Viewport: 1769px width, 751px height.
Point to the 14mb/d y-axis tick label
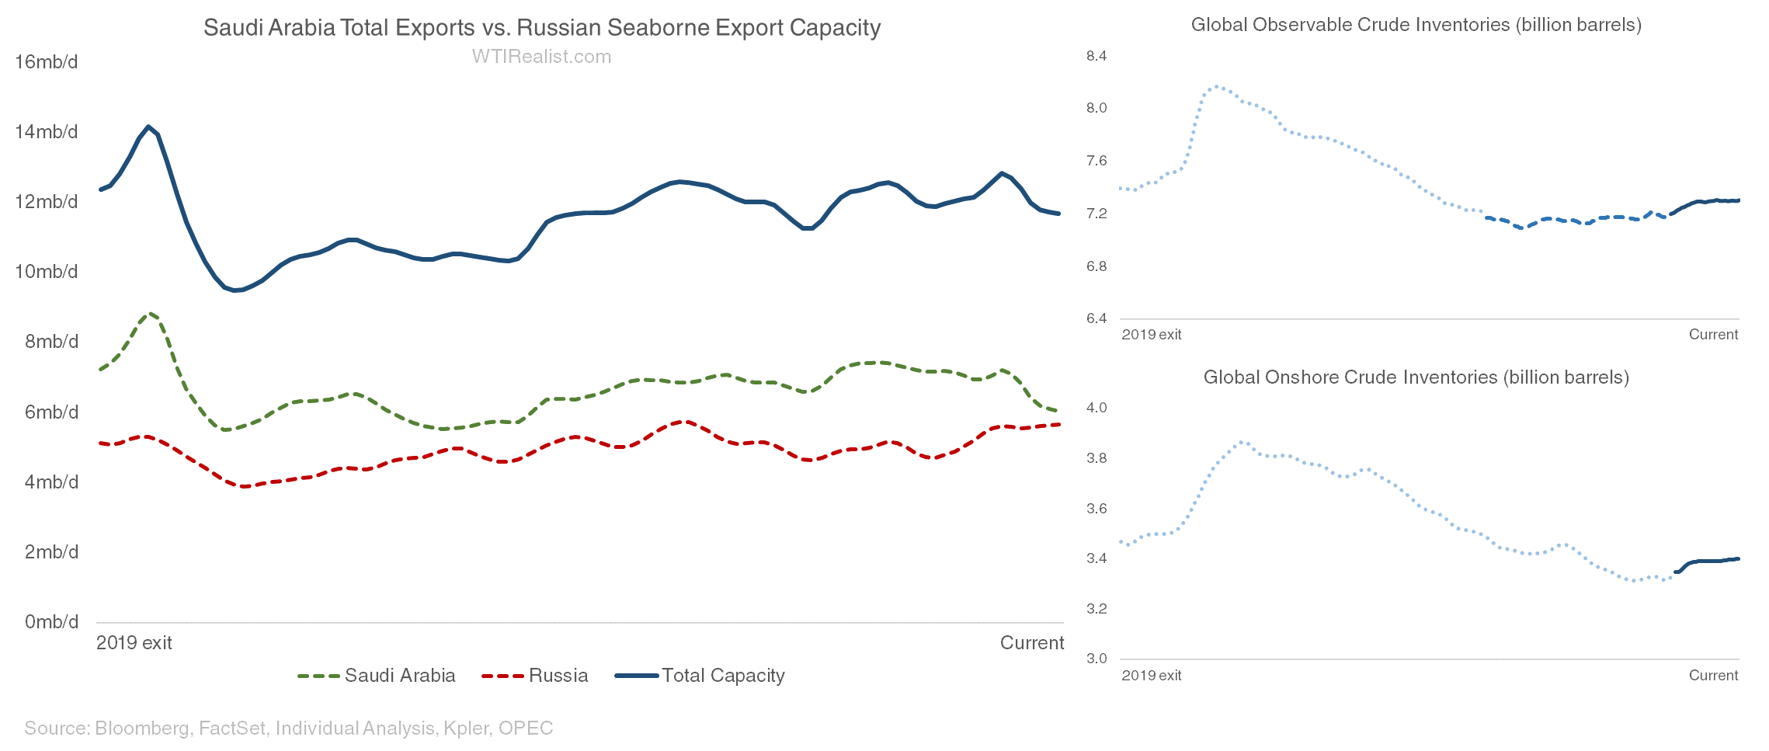47,132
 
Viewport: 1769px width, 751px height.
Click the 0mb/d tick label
51,622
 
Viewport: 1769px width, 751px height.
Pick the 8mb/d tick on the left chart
51,342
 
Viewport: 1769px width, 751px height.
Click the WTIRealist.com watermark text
541,57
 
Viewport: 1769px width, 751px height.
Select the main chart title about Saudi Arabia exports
541,28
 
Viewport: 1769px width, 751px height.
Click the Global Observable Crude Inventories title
1416,25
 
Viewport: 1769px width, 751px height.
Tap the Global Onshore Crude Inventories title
1416,377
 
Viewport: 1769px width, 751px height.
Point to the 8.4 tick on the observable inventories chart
1096,56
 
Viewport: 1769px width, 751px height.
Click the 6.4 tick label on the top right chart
1096,318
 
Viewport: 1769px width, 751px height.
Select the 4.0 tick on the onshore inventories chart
1096,408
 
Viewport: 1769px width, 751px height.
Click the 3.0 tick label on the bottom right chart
1096,659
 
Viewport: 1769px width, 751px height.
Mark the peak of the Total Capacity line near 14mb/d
148,127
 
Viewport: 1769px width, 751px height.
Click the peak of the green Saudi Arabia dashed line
150,314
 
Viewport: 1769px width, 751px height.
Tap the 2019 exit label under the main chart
134,643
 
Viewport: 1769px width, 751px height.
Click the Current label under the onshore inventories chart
1713,676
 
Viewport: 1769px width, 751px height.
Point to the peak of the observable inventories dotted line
1216,86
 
